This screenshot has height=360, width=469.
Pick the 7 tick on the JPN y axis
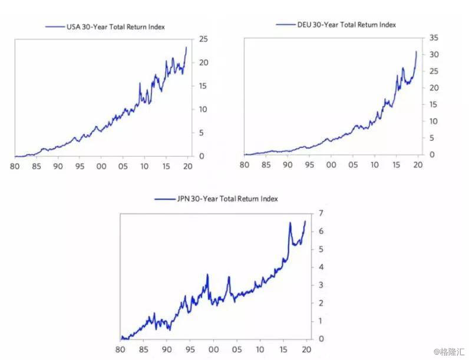pos(321,213)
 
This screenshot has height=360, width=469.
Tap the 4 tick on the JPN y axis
pos(321,267)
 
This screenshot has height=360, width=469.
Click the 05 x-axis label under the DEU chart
pos(352,163)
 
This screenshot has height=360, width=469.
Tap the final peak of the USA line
pos(186,48)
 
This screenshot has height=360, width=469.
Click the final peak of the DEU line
pos(416,52)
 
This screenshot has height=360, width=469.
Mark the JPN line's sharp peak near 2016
pos(290,223)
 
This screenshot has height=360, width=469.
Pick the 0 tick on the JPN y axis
pos(321,339)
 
